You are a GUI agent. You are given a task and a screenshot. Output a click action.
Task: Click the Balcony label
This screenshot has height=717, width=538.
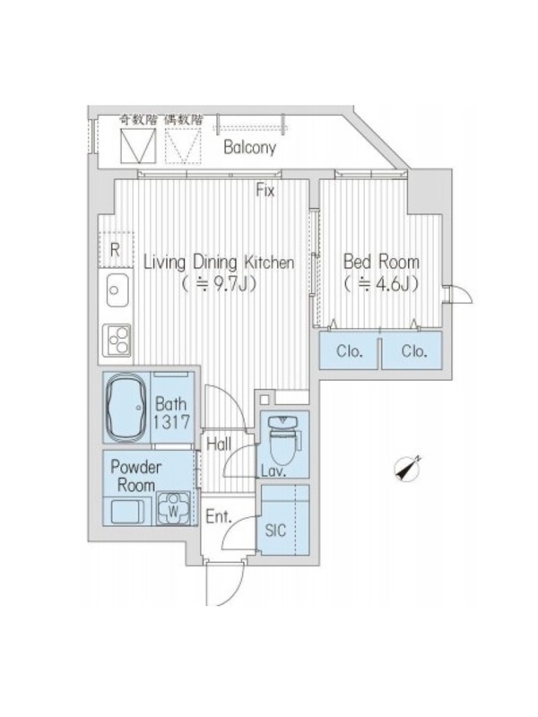[x=249, y=147]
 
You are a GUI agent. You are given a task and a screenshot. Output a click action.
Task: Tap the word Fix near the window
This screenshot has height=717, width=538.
[x=265, y=190]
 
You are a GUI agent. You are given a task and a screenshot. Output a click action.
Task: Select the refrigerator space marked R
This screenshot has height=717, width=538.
[x=116, y=250]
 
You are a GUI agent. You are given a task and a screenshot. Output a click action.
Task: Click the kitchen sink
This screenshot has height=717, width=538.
[x=117, y=289]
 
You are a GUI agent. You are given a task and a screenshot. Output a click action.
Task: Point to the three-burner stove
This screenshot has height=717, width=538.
[x=117, y=341]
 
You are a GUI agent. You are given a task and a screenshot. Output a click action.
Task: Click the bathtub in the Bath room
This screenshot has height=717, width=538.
[x=126, y=408]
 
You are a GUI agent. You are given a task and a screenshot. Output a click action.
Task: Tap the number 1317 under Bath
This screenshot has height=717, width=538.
[x=171, y=422]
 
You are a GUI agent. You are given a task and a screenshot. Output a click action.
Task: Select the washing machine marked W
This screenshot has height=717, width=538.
[x=173, y=508]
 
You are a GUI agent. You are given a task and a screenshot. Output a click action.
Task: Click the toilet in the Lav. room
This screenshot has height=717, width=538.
[x=283, y=439]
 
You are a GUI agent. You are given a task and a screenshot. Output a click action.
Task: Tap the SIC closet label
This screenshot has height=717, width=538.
[x=275, y=531]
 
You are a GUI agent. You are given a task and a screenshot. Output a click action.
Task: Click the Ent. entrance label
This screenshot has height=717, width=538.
[x=219, y=517]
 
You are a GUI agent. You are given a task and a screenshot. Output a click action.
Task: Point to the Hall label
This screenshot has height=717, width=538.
[x=219, y=444]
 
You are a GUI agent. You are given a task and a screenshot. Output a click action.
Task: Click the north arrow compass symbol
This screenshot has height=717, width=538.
[x=407, y=469]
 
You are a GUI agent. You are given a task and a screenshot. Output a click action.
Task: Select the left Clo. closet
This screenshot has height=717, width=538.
[x=350, y=350]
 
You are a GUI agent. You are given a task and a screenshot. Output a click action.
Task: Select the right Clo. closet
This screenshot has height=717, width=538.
[x=412, y=350]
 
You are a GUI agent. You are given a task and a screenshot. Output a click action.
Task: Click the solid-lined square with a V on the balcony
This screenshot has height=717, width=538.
[x=137, y=145]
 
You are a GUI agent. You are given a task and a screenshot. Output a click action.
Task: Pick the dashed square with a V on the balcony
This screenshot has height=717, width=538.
[x=183, y=145]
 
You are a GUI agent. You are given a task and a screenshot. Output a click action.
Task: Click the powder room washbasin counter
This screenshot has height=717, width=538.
[x=127, y=511]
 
